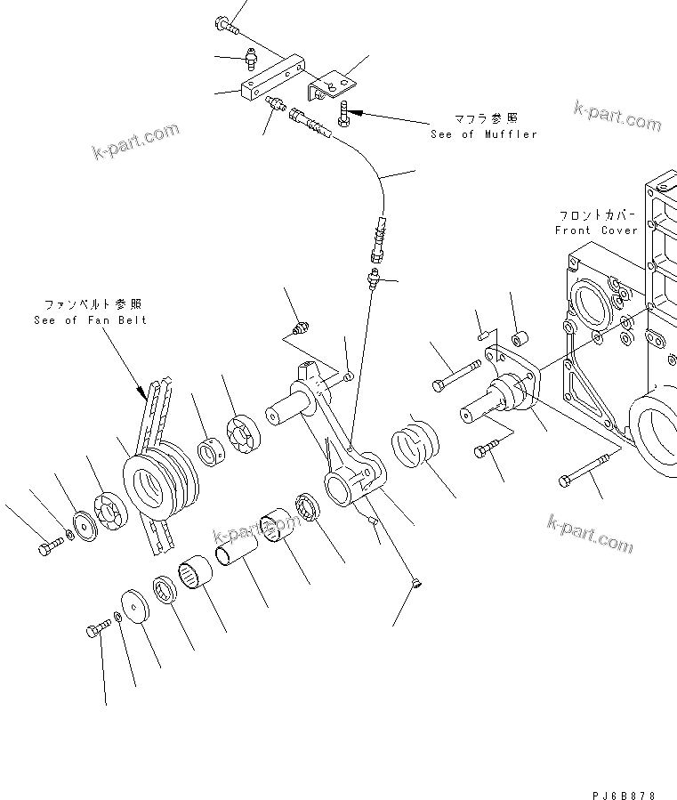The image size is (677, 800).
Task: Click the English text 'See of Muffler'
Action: [x=484, y=134]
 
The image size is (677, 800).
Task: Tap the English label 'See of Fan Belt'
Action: [x=90, y=320]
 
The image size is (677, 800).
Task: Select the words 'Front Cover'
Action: [x=596, y=230]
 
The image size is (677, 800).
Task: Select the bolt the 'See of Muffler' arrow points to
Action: [x=344, y=113]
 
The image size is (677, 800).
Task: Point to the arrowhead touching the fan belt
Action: [x=142, y=392]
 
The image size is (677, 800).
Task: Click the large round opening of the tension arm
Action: [x=343, y=487]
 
